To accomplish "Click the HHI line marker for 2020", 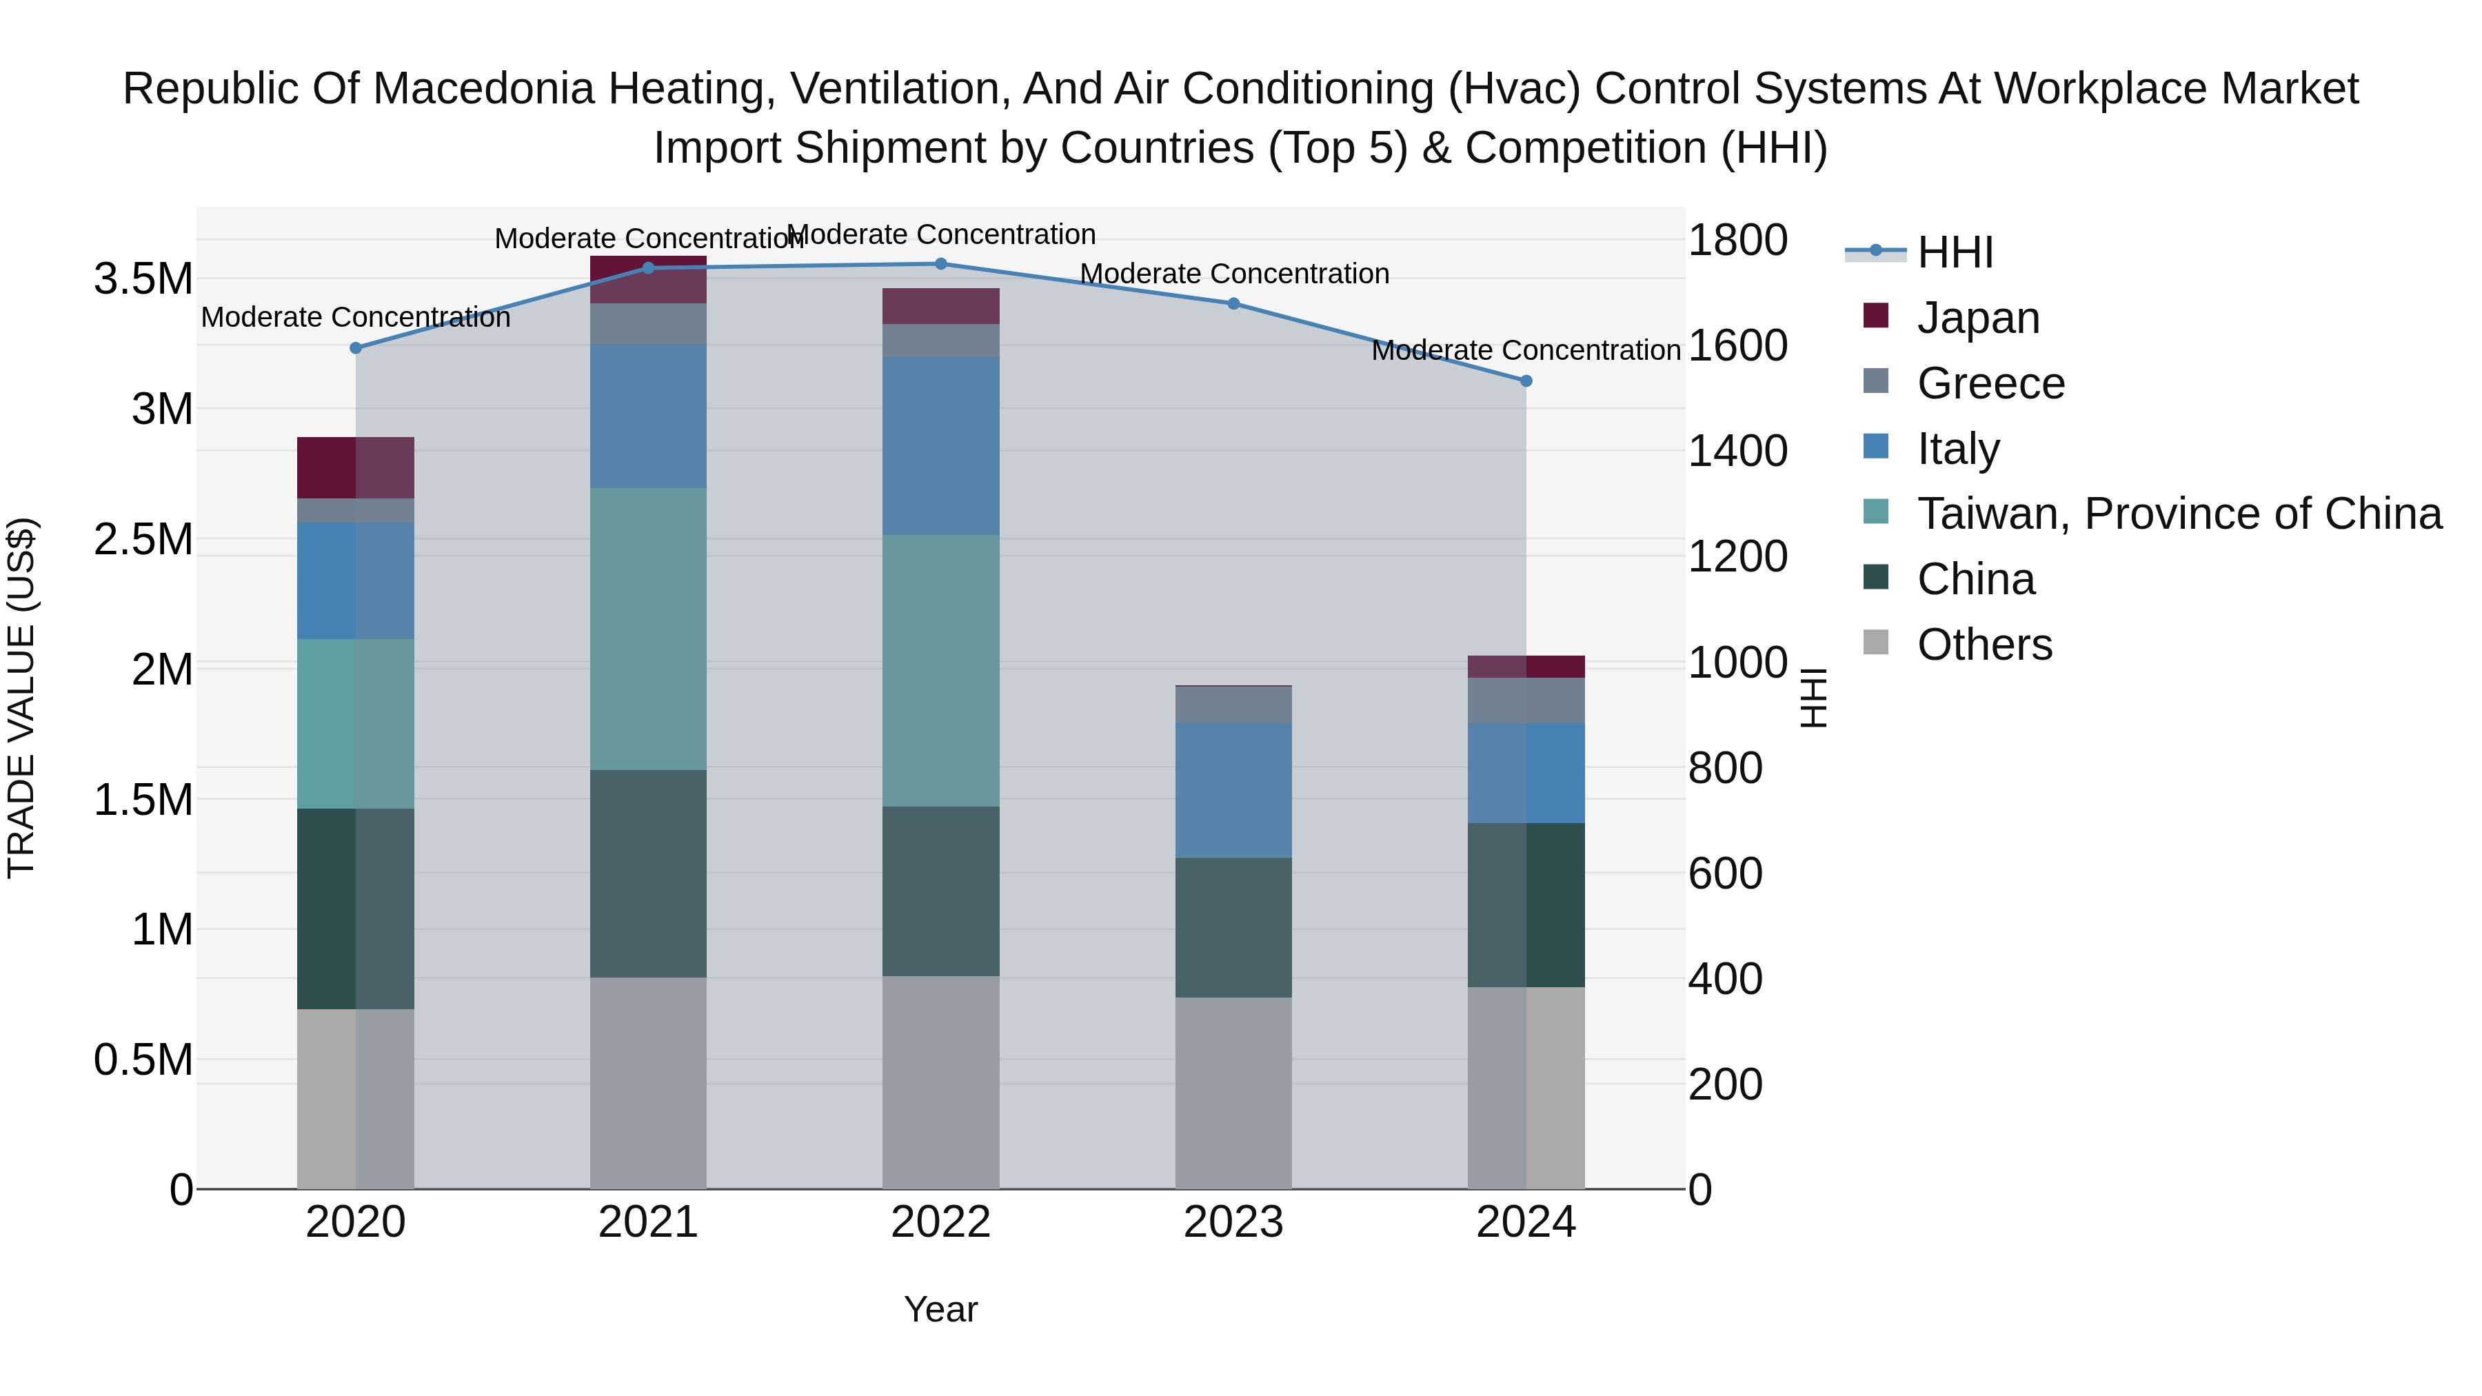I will tap(356, 348).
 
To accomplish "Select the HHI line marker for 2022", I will tap(941, 264).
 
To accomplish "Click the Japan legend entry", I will tap(1978, 318).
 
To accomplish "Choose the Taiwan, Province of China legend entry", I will tap(2179, 514).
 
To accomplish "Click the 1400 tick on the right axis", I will tap(1738, 451).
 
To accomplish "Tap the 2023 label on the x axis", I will tap(1233, 1222).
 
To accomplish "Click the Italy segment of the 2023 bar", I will tap(1233, 790).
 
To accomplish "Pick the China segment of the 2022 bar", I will tap(941, 891).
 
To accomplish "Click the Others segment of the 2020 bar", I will tap(356, 1098).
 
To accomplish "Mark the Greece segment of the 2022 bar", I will tap(941, 340).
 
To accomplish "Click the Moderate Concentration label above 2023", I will tap(1234, 274).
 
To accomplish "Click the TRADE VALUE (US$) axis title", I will tap(21, 698).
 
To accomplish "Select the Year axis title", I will tap(940, 1309).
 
